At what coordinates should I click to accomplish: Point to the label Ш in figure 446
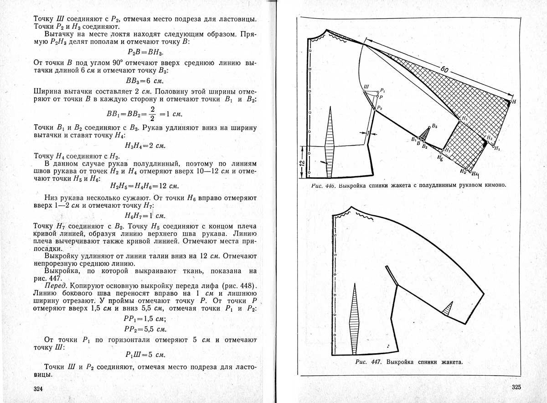366,86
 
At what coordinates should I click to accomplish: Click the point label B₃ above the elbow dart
434,126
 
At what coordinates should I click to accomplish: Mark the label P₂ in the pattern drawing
380,108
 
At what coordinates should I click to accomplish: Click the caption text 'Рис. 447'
368,362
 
